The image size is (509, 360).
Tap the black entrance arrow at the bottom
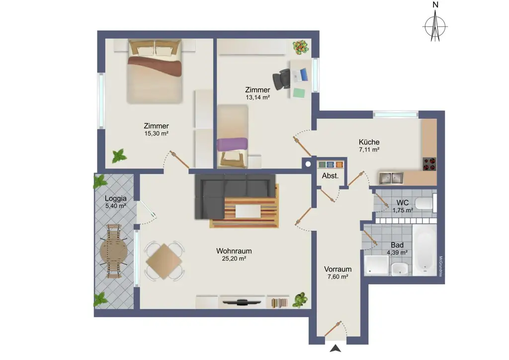[336, 349]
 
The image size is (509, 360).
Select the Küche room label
[369, 142]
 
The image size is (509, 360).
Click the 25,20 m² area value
[234, 259]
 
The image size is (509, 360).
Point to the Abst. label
[330, 176]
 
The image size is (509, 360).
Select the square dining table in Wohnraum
[164, 261]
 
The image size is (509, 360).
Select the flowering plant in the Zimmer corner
[300, 47]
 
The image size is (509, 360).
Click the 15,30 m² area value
[156, 134]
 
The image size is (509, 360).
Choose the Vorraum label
[338, 269]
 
